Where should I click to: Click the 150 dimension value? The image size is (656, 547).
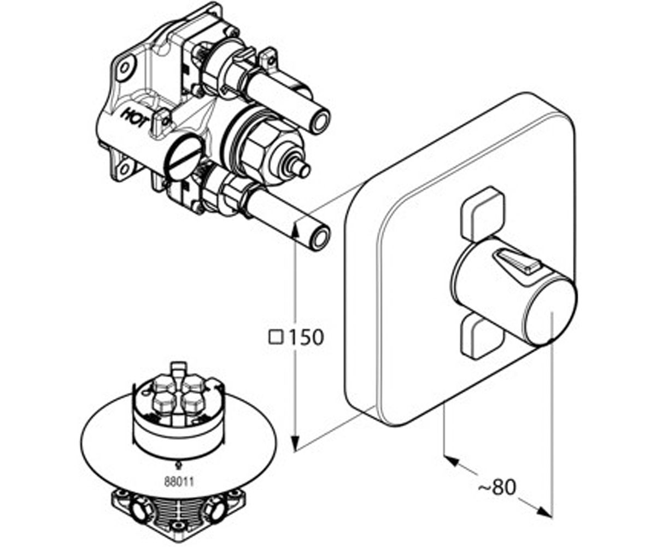click(x=306, y=337)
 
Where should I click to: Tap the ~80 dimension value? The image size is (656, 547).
click(x=497, y=487)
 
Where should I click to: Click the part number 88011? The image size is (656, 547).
click(x=179, y=481)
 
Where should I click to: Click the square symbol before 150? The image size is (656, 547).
click(x=276, y=337)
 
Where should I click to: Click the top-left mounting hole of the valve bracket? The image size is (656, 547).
click(x=125, y=68)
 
